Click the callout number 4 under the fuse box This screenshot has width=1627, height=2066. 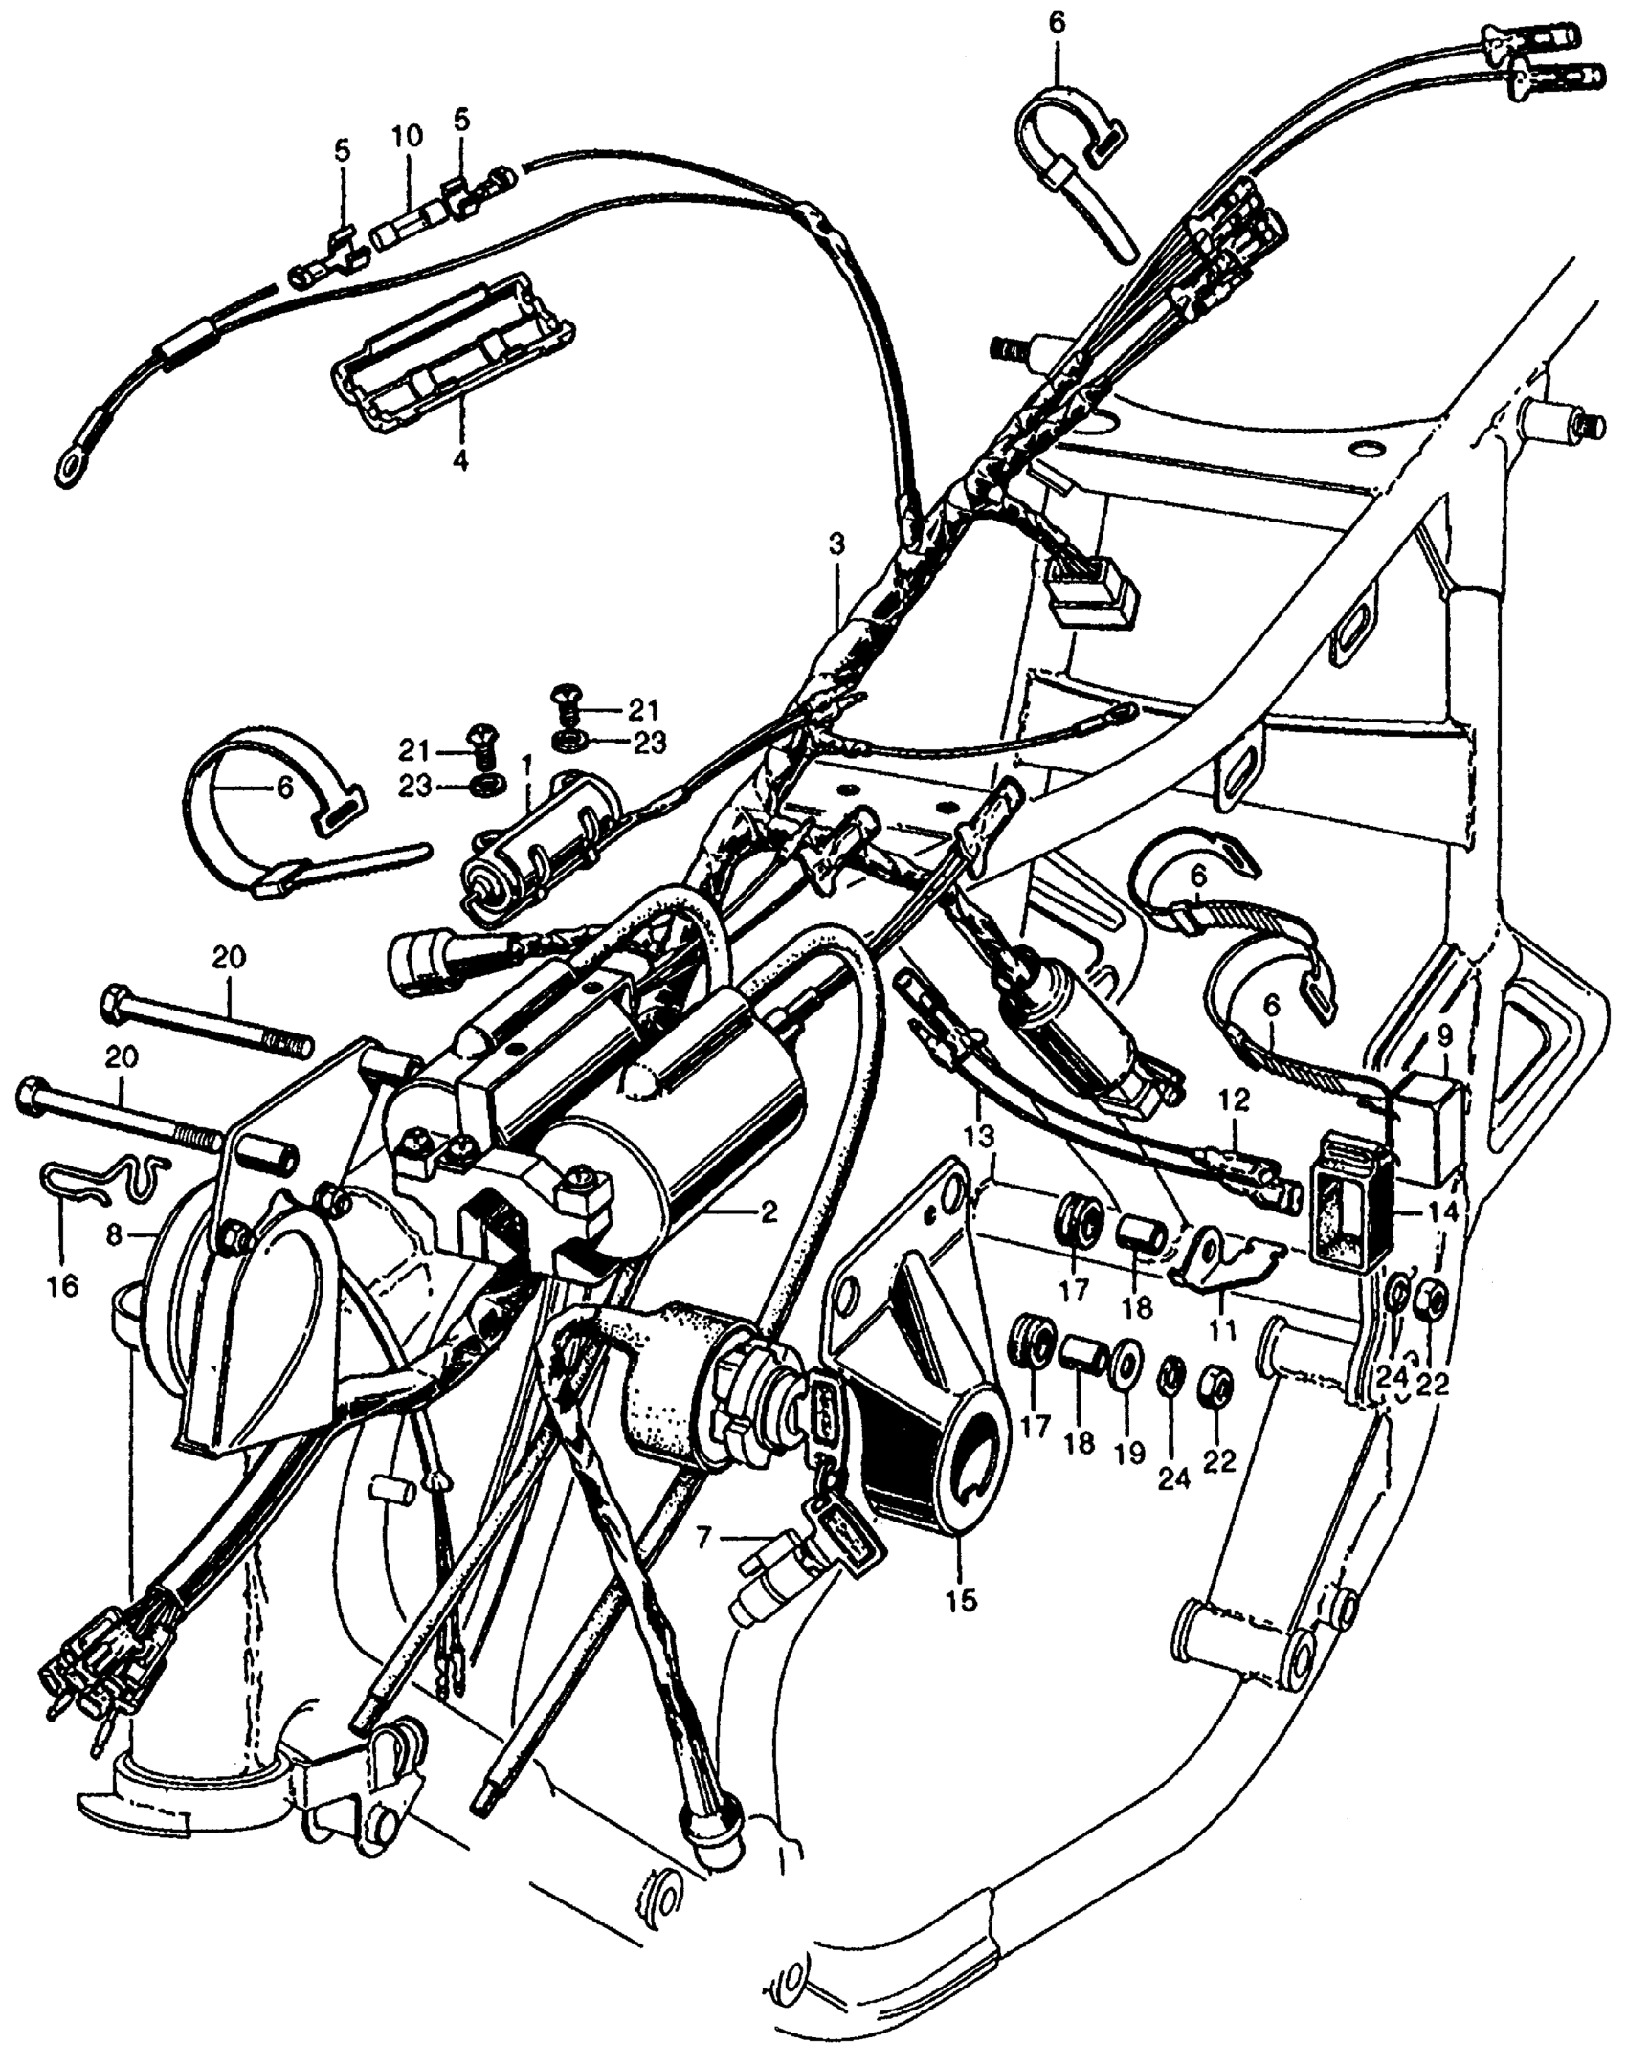click(460, 461)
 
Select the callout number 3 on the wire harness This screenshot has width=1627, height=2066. click(836, 546)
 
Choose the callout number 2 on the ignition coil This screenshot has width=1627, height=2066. click(767, 1212)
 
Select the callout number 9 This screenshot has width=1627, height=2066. click(1444, 1034)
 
